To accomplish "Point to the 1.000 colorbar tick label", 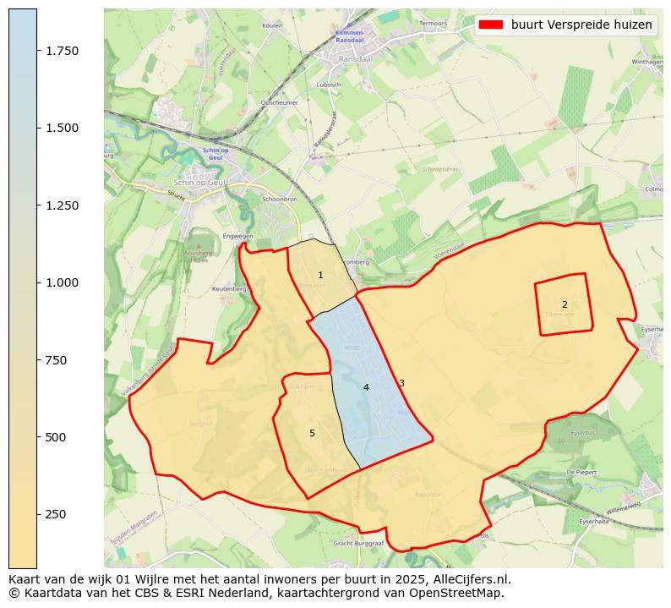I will tap(63, 282).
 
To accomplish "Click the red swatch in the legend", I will tap(490, 25).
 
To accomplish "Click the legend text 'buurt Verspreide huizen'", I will tap(581, 25).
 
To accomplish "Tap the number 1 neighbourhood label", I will tap(320, 276).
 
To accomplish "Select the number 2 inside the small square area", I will tap(565, 304).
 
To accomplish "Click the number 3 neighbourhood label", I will tap(401, 384).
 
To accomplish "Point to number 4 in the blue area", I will tap(366, 388).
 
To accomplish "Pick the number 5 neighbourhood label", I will tap(312, 433).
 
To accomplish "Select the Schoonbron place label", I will tap(280, 199).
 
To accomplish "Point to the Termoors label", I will tap(433, 23).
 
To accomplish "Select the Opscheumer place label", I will tap(280, 102).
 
